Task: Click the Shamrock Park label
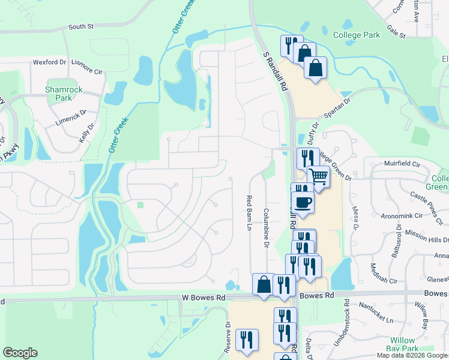click(x=64, y=94)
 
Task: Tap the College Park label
click(x=357, y=35)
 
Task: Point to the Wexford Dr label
click(x=49, y=62)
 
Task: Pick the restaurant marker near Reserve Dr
click(x=247, y=340)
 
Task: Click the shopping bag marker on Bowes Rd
click(x=264, y=284)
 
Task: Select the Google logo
click(x=20, y=353)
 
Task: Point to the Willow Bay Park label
click(x=402, y=344)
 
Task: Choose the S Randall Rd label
click(x=274, y=70)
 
